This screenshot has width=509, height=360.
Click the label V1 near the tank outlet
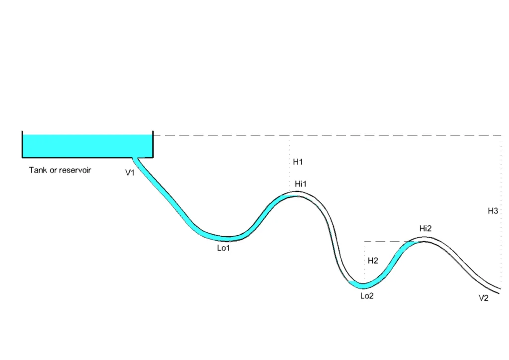click(130, 173)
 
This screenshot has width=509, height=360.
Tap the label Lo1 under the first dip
click(223, 248)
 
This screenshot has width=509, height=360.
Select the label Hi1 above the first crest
click(301, 184)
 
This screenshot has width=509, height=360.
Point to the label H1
click(298, 162)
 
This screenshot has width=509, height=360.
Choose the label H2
click(373, 261)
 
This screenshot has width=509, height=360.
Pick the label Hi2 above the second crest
click(425, 228)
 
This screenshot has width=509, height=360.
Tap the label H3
click(493, 211)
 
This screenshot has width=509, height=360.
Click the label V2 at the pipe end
click(484, 298)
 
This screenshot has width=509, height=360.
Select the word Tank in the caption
click(37, 170)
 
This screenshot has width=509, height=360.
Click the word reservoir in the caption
click(75, 170)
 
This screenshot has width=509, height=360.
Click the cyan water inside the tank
click(85, 146)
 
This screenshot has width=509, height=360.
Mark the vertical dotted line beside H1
click(289, 164)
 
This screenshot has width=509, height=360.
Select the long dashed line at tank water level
click(323, 135)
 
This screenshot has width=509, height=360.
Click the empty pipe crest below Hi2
click(425, 239)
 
